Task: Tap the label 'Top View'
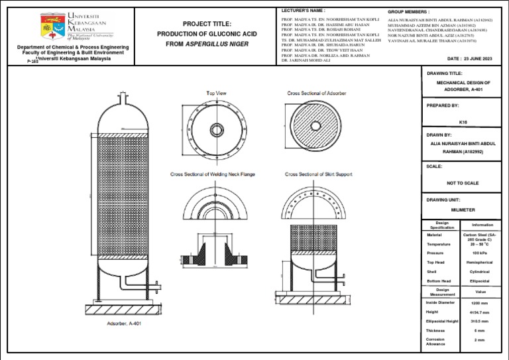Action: [217, 93]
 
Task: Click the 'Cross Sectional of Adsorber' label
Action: [316, 93]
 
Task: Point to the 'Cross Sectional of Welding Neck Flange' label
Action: [212, 174]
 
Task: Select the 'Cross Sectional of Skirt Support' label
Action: [319, 174]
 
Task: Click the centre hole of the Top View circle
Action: [217, 129]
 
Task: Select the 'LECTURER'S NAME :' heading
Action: [304, 11]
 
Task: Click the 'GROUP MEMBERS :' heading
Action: [408, 12]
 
